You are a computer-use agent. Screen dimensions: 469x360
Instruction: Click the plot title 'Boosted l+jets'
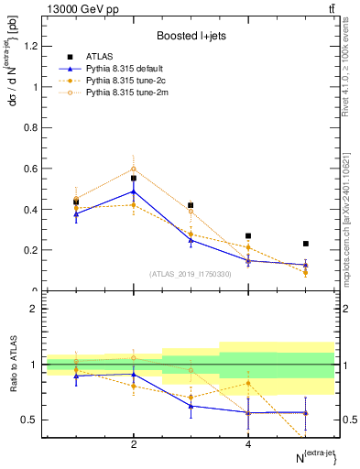[x=191, y=36]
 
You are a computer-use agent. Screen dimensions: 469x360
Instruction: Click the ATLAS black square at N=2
[x=134, y=179]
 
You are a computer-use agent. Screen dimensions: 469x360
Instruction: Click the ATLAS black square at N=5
[x=306, y=244]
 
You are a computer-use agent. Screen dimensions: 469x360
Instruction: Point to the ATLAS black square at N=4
[x=248, y=235]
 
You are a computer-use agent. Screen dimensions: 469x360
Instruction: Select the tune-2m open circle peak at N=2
[x=134, y=169]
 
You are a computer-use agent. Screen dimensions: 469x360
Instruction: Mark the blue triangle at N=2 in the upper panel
[x=134, y=191]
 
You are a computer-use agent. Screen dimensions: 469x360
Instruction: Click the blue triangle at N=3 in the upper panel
[x=191, y=239]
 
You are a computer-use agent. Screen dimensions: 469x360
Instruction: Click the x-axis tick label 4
[x=248, y=444]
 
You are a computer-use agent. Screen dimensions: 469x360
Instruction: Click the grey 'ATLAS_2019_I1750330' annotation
[x=191, y=273]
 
